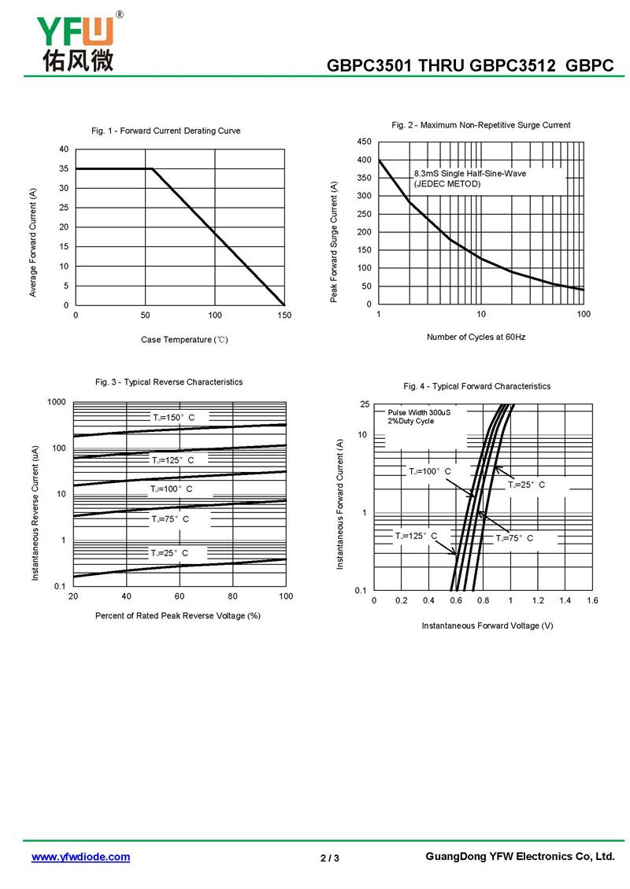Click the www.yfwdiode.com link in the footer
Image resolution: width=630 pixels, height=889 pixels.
click(80, 857)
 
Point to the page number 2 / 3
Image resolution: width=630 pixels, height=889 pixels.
click(330, 858)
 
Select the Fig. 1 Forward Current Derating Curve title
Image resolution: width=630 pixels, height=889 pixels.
click(166, 131)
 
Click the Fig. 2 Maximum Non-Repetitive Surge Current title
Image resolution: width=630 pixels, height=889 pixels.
click(480, 125)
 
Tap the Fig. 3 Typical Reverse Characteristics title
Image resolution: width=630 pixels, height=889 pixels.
click(169, 382)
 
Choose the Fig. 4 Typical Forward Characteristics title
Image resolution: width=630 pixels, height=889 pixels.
click(476, 386)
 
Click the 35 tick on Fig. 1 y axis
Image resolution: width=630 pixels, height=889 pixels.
click(63, 169)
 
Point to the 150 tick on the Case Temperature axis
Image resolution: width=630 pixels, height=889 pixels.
click(284, 315)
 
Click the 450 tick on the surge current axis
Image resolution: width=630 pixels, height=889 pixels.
click(364, 142)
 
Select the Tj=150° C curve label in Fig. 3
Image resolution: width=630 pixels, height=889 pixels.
click(173, 417)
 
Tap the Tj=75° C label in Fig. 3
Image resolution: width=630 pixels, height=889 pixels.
click(170, 519)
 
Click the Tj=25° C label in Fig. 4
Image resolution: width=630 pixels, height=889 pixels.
click(526, 485)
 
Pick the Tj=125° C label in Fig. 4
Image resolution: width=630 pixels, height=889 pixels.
click(416, 535)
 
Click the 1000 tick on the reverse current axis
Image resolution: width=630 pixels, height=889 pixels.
click(56, 402)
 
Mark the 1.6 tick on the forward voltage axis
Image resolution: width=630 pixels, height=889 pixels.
click(592, 600)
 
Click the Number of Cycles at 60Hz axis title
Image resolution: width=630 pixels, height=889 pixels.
click(476, 337)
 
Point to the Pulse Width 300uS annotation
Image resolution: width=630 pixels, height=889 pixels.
click(419, 412)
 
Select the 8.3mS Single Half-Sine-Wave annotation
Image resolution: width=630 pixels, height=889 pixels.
click(470, 173)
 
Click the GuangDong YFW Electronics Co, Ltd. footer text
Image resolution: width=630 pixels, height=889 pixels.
click(519, 857)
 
